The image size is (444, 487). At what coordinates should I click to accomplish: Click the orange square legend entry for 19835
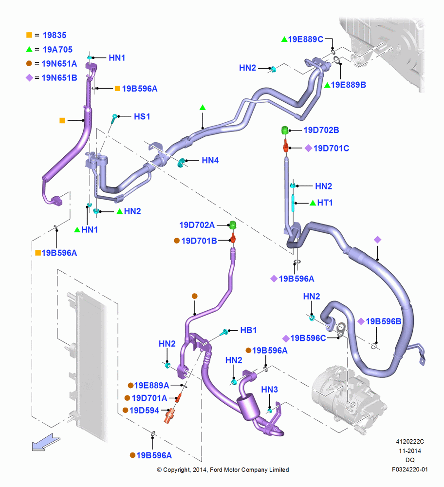click(x=29, y=35)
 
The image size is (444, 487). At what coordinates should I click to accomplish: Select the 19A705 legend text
click(x=57, y=49)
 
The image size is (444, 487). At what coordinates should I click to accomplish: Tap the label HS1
click(x=142, y=116)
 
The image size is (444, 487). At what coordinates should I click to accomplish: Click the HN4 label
click(x=210, y=160)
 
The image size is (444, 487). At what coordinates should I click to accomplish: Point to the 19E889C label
click(x=306, y=39)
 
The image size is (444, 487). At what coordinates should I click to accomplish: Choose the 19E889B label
click(x=349, y=85)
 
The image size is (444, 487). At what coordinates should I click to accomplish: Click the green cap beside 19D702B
click(x=285, y=131)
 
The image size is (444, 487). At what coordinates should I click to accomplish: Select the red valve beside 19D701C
click(x=286, y=146)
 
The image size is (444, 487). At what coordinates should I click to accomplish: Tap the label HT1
click(x=325, y=203)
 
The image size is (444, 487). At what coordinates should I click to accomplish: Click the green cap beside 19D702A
click(x=233, y=225)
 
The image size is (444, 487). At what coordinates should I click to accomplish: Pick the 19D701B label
click(x=199, y=241)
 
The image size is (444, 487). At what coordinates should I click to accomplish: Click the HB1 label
click(x=248, y=330)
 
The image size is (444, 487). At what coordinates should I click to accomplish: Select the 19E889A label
click(x=151, y=385)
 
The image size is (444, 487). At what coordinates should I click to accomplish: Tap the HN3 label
click(x=269, y=390)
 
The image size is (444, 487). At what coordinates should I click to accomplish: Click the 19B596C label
click(x=308, y=338)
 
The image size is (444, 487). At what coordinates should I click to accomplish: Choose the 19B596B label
click(x=384, y=321)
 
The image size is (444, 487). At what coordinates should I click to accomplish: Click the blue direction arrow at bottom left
click(x=46, y=442)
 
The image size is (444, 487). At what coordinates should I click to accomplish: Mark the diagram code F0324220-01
click(x=409, y=469)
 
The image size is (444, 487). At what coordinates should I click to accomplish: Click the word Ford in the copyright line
click(x=217, y=469)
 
